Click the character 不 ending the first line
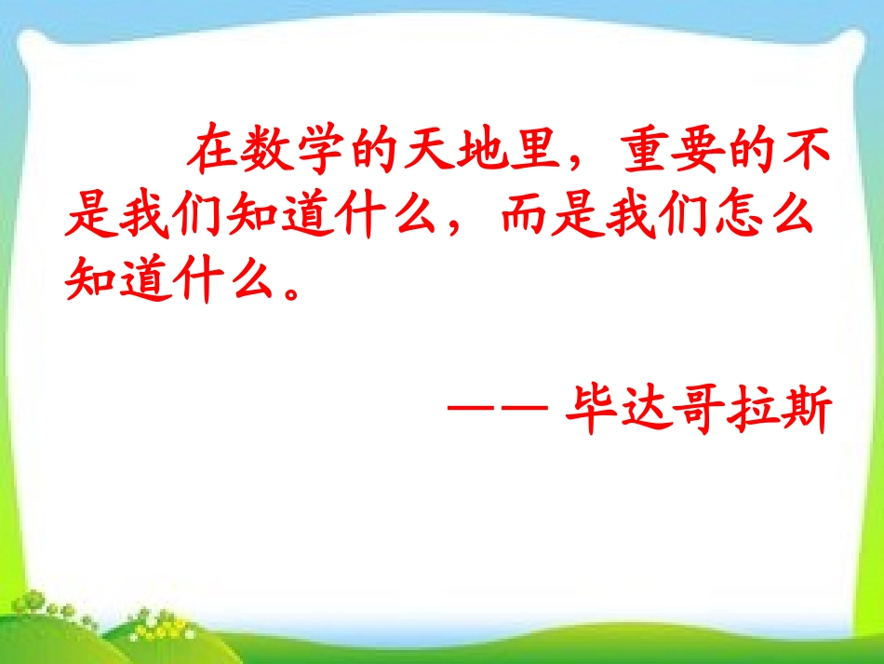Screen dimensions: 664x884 coord(803,151)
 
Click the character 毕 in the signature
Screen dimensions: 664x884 coord(591,410)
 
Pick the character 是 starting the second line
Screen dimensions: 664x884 coord(88,217)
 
